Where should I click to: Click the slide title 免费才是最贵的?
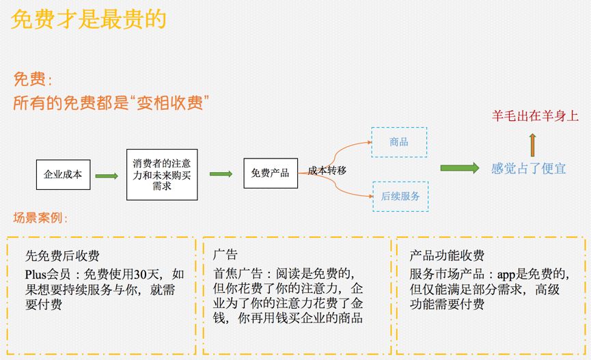point(89,19)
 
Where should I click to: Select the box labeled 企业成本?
point(64,174)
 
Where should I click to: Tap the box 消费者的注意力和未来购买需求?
point(162,174)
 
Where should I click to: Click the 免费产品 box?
point(271,174)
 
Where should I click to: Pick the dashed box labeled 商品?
point(399,142)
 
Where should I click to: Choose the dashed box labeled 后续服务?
point(400,197)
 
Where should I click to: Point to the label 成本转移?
point(327,170)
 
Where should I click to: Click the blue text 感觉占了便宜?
point(528,168)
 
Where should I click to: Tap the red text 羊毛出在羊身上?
point(535,115)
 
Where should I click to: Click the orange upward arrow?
point(532,145)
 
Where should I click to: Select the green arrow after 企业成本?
point(107,176)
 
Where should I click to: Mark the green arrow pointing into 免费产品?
point(221,174)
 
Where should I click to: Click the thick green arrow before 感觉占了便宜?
point(460,168)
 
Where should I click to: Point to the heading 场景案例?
point(40,217)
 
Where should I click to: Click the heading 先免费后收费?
point(62,255)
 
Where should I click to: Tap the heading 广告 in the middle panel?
point(225,254)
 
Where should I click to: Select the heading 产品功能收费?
point(447,255)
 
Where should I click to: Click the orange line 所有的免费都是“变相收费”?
point(111,102)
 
